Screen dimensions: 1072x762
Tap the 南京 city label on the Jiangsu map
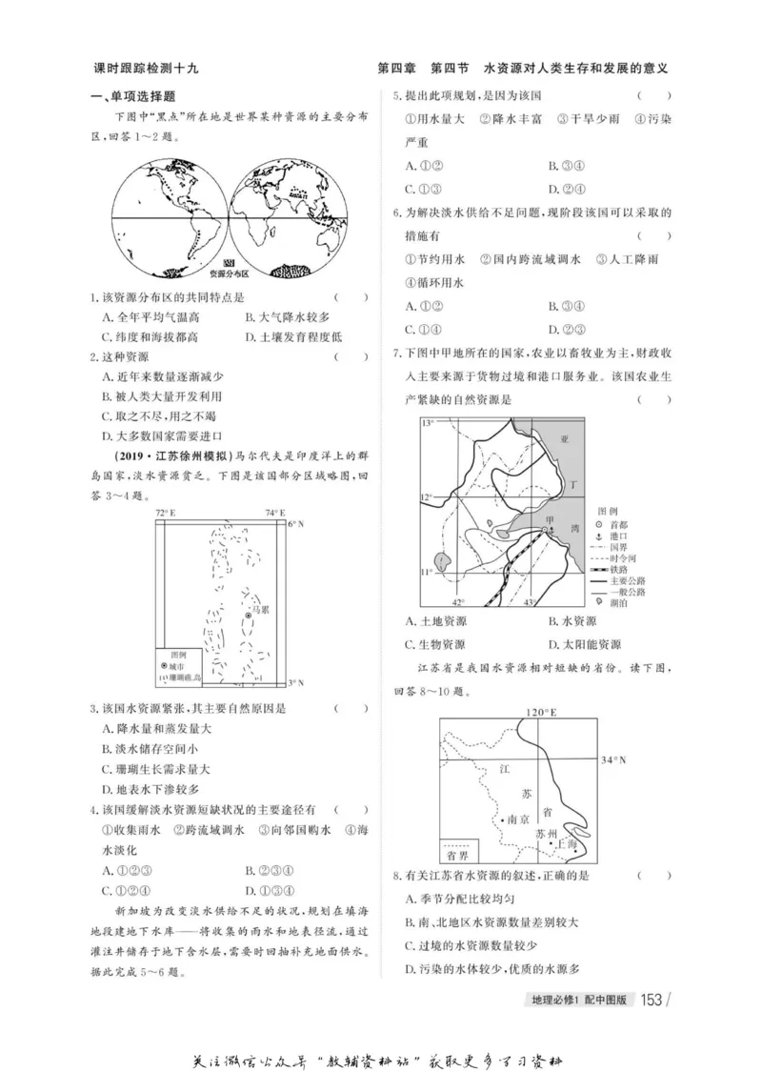517,818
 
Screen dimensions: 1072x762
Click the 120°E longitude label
540,711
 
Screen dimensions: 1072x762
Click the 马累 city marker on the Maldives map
248,617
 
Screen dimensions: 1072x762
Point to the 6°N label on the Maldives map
296,523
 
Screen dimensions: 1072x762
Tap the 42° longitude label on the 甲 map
457,602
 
